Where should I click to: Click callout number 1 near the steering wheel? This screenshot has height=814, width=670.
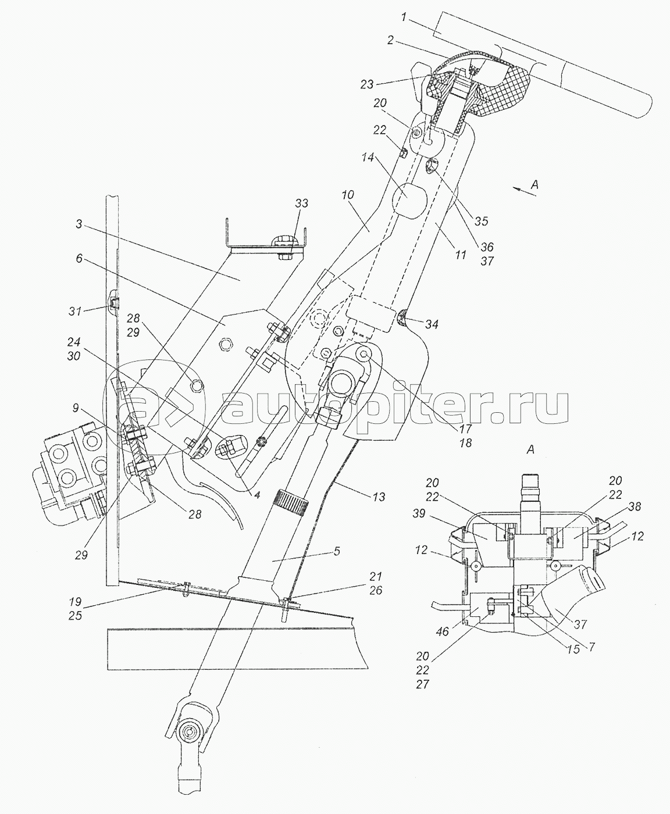404,18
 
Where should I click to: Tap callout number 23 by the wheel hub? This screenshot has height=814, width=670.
367,84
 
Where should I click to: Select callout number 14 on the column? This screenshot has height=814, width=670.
368,158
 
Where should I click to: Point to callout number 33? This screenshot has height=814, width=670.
301,203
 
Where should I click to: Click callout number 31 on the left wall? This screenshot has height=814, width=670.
75,310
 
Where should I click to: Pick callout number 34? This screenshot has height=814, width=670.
432,324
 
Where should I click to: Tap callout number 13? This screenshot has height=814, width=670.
379,497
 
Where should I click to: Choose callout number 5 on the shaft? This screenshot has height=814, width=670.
337,552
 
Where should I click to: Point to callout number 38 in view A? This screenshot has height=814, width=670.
634,506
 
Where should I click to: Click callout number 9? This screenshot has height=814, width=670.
76,408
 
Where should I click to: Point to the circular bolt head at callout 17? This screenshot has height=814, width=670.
363,353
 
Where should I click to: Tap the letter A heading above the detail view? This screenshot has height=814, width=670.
530,449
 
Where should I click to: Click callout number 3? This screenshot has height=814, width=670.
79,224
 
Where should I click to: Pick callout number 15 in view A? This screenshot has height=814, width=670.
574,649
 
